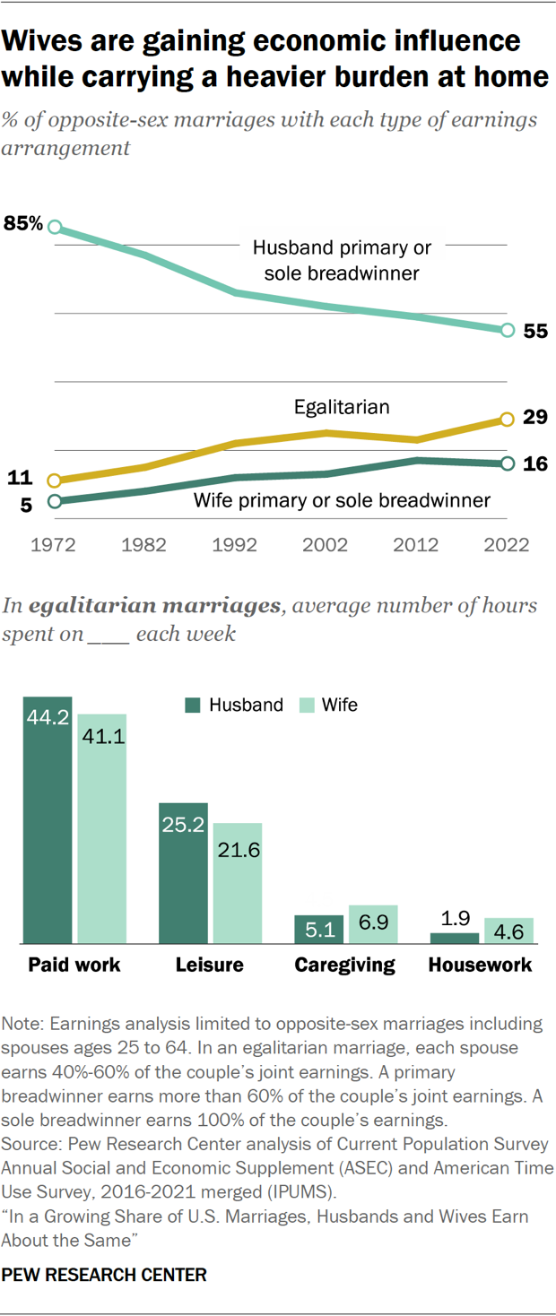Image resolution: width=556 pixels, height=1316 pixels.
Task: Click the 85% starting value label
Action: (23, 223)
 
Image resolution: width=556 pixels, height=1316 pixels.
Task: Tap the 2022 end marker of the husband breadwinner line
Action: (507, 331)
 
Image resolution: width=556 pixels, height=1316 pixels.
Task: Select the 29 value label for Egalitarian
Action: (535, 419)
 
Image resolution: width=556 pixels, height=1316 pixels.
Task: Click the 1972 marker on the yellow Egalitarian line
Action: (54, 481)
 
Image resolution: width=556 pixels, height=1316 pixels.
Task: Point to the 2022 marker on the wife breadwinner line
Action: (507, 463)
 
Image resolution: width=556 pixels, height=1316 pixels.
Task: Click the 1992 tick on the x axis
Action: (235, 544)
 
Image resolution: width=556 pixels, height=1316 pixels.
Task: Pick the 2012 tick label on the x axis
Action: (416, 544)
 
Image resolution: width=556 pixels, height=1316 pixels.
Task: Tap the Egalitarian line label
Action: (342, 407)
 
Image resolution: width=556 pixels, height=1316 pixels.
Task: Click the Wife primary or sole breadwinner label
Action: (342, 500)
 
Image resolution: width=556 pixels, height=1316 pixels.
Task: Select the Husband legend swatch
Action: (193, 705)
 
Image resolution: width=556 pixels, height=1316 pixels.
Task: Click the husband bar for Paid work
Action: (48, 820)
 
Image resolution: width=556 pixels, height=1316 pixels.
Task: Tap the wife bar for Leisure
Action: (238, 883)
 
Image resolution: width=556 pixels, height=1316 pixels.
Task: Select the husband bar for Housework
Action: (455, 938)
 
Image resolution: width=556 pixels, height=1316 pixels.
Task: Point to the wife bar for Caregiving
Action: (373, 924)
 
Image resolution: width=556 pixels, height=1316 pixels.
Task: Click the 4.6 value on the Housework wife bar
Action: (509, 931)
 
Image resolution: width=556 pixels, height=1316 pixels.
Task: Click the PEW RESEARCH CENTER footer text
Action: (104, 1274)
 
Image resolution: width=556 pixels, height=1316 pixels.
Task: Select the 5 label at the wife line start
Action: (26, 505)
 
